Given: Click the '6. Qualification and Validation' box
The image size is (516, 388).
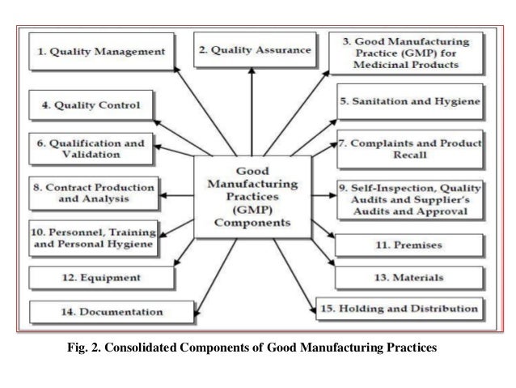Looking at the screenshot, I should [x=91, y=148].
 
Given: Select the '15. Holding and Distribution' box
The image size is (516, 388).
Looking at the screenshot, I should [x=399, y=309].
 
